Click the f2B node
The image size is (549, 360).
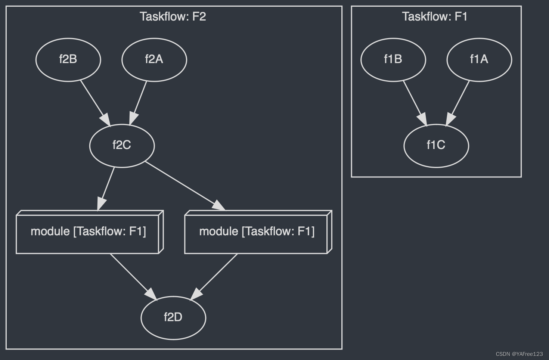68,59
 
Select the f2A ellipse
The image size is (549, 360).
154,59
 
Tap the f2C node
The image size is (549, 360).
122,145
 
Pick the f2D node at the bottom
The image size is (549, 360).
173,317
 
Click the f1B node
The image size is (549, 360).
393,59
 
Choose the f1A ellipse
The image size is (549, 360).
479,59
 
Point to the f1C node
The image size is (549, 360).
436,145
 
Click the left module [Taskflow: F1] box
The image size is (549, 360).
88,232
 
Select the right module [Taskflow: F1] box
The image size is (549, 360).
257,232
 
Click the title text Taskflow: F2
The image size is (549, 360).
173,17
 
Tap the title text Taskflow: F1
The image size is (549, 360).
435,17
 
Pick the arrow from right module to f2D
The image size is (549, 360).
216,275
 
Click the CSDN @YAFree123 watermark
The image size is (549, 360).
519,354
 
